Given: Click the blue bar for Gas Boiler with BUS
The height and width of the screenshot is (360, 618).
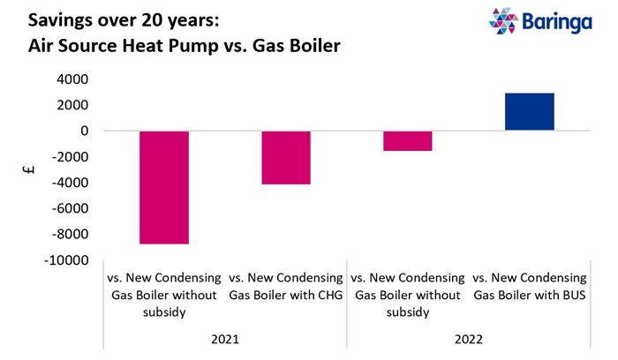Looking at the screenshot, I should [x=530, y=112].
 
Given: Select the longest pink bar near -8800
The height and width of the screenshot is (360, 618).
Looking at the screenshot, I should [x=164, y=187].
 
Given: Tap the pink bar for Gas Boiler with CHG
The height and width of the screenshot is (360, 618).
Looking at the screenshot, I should [x=286, y=158].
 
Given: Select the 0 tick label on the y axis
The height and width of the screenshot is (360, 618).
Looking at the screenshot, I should [x=83, y=131].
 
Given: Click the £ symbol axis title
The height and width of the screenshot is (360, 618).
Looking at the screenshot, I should [x=32, y=170].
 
